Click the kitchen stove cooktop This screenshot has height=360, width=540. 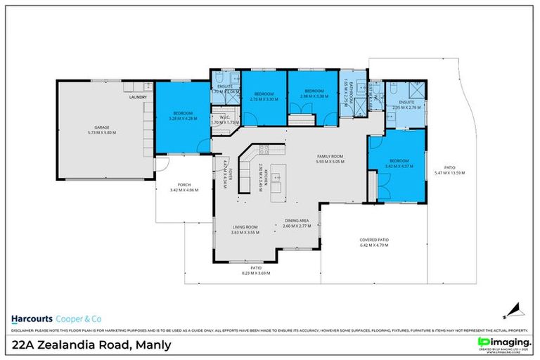(264, 149)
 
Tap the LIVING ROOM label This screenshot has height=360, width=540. (246, 229)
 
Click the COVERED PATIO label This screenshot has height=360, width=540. (374, 243)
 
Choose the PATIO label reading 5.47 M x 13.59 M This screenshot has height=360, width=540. (450, 169)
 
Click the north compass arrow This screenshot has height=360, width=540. (515, 308)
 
